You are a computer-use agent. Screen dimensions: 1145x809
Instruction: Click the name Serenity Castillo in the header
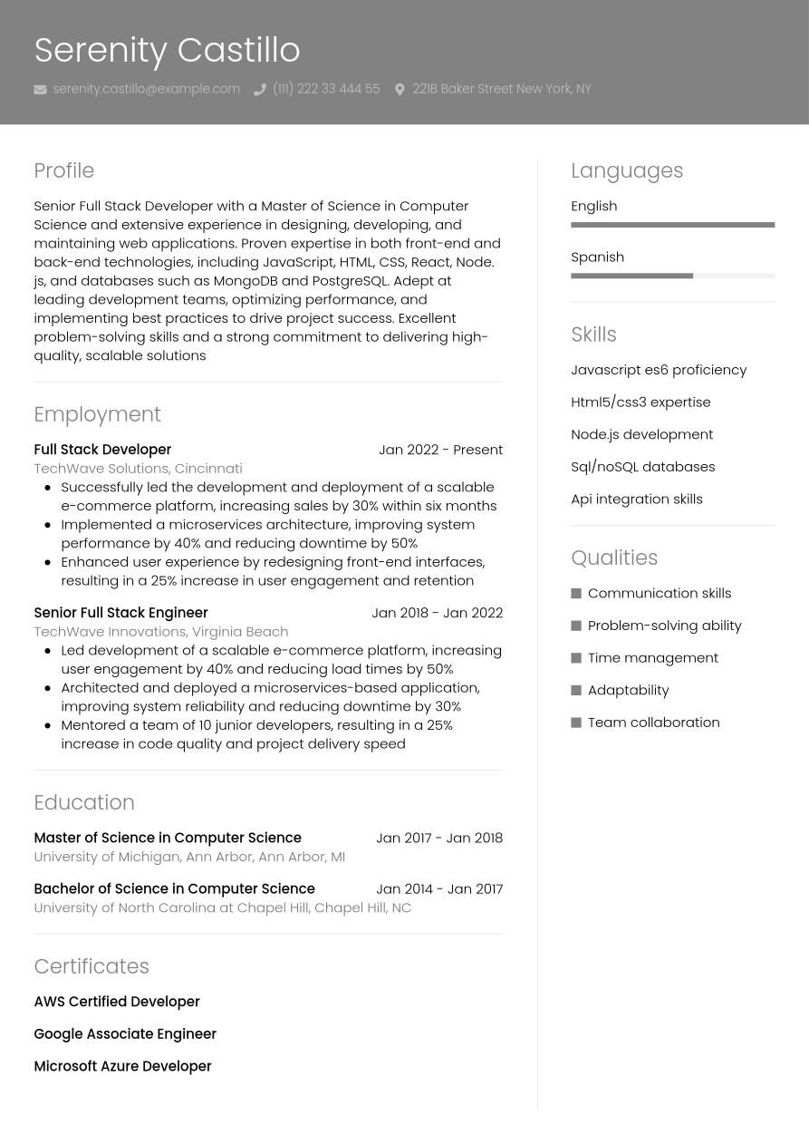pos(167,50)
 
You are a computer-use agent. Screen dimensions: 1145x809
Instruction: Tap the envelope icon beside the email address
pos(40,90)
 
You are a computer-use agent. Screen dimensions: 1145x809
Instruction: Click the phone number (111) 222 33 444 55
pos(325,89)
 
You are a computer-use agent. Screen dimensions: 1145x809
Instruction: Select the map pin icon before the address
pos(400,90)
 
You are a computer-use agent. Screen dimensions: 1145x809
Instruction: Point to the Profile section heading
pos(63,170)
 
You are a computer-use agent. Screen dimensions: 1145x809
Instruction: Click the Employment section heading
pos(97,414)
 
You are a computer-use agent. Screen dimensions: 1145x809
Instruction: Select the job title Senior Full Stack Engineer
pos(120,613)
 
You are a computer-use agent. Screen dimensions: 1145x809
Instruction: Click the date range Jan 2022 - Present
pos(440,450)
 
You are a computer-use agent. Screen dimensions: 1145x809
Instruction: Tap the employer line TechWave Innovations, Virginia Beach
pos(160,631)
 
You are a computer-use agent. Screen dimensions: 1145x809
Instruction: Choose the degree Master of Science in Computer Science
pos(167,838)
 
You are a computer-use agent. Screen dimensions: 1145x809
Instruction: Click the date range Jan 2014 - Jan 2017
pos(439,888)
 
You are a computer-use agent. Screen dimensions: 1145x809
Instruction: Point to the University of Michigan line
pos(189,857)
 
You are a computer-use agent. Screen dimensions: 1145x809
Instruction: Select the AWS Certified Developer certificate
pos(116,1002)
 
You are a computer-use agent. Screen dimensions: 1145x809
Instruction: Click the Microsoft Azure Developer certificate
pos(122,1066)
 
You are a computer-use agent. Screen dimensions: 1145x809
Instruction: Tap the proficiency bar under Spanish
pos(672,276)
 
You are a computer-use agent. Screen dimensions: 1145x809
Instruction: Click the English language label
pos(593,206)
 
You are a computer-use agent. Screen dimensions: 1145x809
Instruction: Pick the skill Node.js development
pos(641,434)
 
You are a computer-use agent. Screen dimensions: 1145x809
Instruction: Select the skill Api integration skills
pos(636,499)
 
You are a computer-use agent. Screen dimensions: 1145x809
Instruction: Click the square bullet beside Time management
pos(576,658)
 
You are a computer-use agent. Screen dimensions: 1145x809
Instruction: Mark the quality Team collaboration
pos(653,723)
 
